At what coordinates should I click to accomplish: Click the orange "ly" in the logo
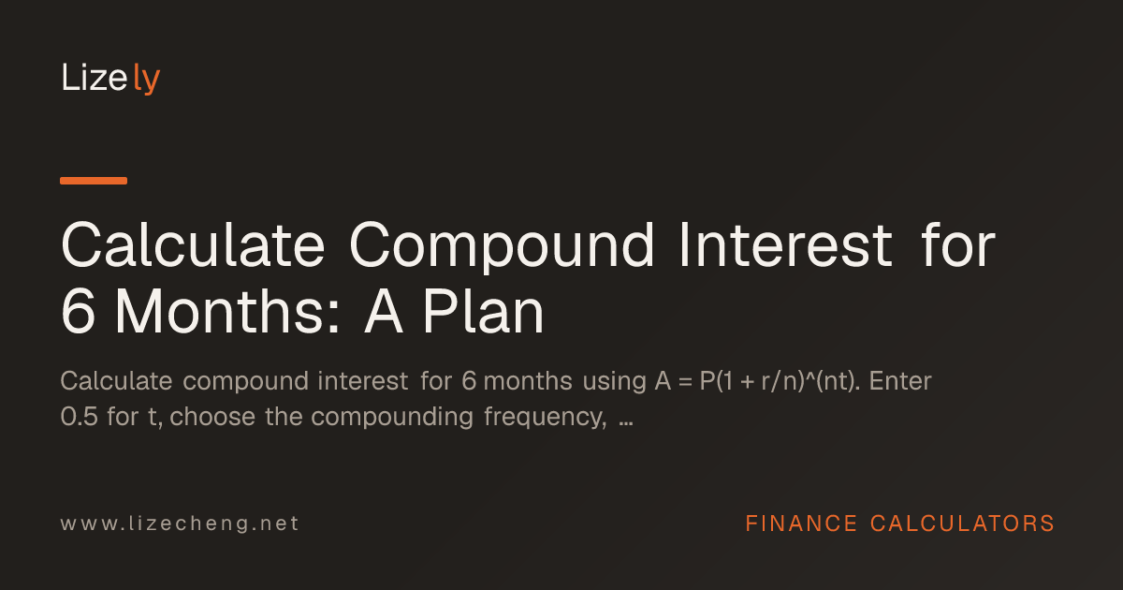coord(146,79)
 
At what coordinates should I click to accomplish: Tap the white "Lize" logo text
coord(95,77)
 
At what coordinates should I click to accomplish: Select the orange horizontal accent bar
coord(94,181)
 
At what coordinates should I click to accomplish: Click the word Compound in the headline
coord(502,245)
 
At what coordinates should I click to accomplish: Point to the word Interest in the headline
coord(785,245)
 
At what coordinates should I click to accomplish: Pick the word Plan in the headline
coord(484,311)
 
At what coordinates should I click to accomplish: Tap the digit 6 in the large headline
coord(79,311)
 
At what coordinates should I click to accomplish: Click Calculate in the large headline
coord(193,244)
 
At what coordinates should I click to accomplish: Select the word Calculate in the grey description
coord(116,381)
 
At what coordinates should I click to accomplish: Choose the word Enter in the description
coord(900,381)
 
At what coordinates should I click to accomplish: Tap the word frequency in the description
coord(546,418)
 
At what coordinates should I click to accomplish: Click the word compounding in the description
coord(392,418)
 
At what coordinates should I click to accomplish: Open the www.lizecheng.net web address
coord(180,524)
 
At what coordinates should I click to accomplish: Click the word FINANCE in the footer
coord(801,524)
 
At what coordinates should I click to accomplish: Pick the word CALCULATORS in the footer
coord(963,524)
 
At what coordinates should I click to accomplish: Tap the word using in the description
coord(615,382)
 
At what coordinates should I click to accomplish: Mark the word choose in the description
coord(212,417)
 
